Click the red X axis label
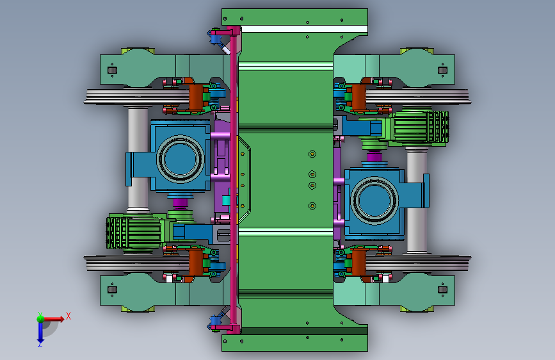(68, 316)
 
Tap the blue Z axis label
(40, 344)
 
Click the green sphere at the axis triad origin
(41, 318)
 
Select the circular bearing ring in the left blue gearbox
(180, 159)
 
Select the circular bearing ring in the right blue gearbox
(374, 200)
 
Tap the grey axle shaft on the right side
(417, 200)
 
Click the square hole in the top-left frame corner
(112, 70)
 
